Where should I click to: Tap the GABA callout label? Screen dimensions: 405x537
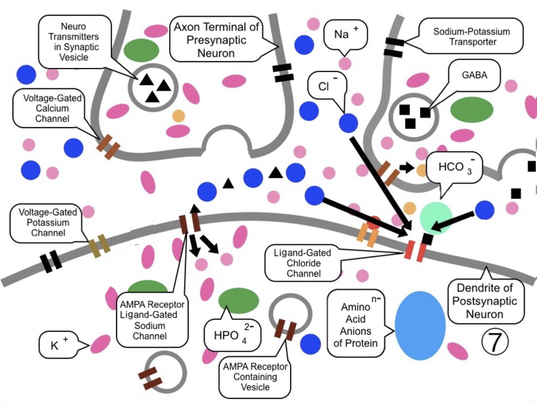coord(475,75)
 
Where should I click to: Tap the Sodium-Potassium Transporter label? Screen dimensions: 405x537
coord(471,36)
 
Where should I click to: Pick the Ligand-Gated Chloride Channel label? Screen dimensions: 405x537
coord(303,263)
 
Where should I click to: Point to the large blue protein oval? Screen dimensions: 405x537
coord(420,325)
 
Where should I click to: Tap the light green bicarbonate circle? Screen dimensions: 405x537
coord(435,217)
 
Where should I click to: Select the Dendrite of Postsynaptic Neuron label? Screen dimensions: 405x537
coord(485,301)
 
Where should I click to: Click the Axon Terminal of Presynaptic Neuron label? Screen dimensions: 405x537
coord(216,39)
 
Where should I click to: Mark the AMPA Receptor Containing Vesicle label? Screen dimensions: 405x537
coord(255,377)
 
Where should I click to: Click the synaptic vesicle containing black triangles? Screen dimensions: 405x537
coord(153,87)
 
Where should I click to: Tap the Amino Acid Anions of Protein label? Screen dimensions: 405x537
coord(355,325)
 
